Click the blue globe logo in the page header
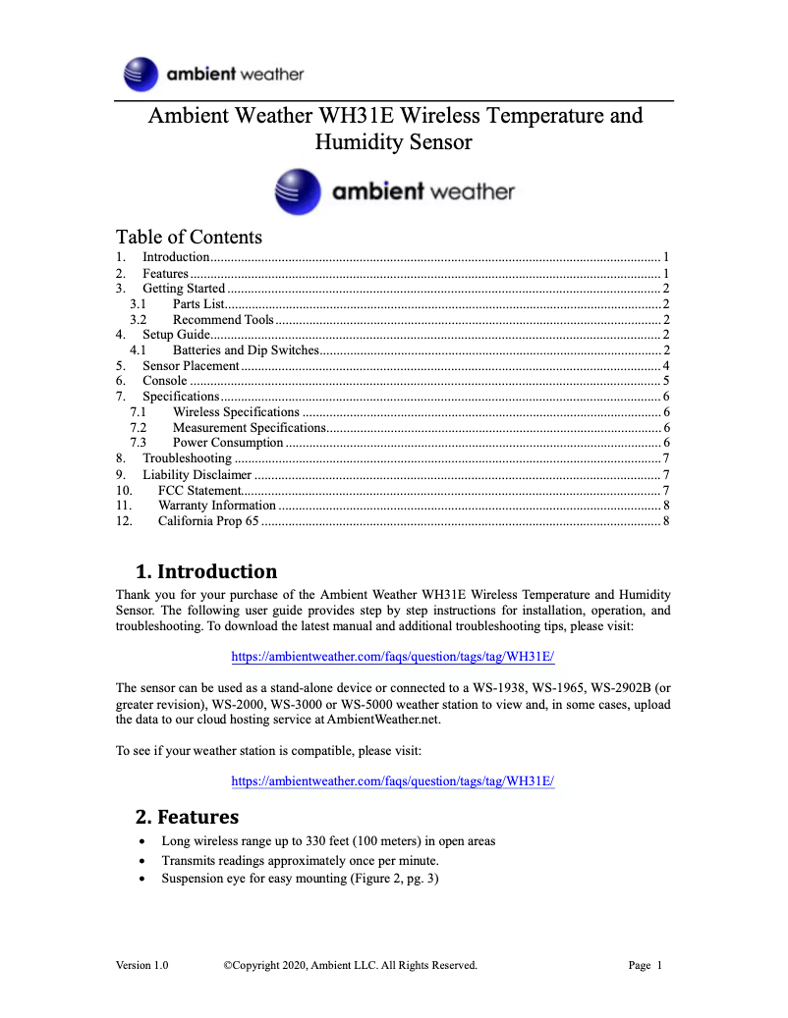pyautogui.click(x=141, y=75)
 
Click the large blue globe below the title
pyautogui.click(x=298, y=191)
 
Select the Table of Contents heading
pyautogui.click(x=189, y=237)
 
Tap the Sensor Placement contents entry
pyautogui.click(x=191, y=365)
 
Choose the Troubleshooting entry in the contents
pyautogui.click(x=187, y=458)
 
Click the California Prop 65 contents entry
pyautogui.click(x=208, y=521)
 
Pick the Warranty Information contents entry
pyautogui.click(x=216, y=506)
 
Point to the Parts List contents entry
pyautogui.click(x=199, y=304)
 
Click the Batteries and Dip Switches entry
pyautogui.click(x=246, y=350)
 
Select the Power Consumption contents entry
pyautogui.click(x=228, y=443)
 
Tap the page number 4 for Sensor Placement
pyautogui.click(x=665, y=365)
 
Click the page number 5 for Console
pyautogui.click(x=665, y=381)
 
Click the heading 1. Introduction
pyautogui.click(x=205, y=571)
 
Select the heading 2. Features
pyautogui.click(x=187, y=817)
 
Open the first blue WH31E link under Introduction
pyautogui.click(x=393, y=656)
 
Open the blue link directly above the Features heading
pyautogui.click(x=393, y=781)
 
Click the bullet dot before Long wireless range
pyautogui.click(x=144, y=842)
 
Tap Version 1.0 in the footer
pyautogui.click(x=141, y=965)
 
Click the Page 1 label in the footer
pyautogui.click(x=646, y=965)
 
